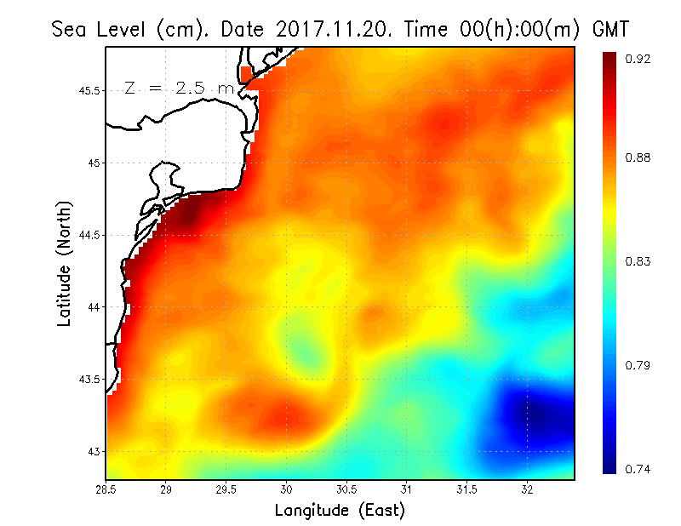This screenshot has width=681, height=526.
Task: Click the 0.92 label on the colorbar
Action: (639, 59)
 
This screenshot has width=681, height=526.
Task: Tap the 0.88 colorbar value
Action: (639, 157)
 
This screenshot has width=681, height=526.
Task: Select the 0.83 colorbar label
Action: (639, 261)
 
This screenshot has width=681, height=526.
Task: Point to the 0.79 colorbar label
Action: (639, 365)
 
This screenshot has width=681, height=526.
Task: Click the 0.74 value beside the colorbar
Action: (639, 469)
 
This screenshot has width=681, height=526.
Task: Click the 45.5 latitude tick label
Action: (88, 90)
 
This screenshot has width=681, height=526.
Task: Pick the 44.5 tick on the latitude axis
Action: (88, 235)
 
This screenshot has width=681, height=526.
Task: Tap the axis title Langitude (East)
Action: (340, 511)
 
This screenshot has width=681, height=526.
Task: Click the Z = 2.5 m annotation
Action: (178, 88)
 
